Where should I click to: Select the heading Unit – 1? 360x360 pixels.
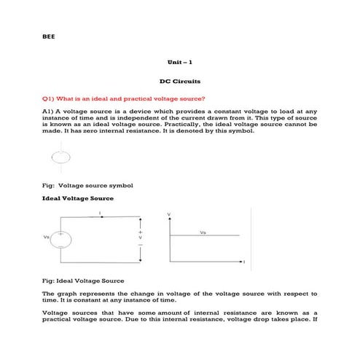point(179,63)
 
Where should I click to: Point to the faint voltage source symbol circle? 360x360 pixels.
point(60,159)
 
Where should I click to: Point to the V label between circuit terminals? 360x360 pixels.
point(140,238)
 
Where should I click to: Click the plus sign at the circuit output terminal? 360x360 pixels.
point(140,231)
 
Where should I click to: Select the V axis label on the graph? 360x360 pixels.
point(169,214)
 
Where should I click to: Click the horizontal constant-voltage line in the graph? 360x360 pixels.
point(204,235)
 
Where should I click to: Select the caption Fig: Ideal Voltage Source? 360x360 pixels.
point(84,281)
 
